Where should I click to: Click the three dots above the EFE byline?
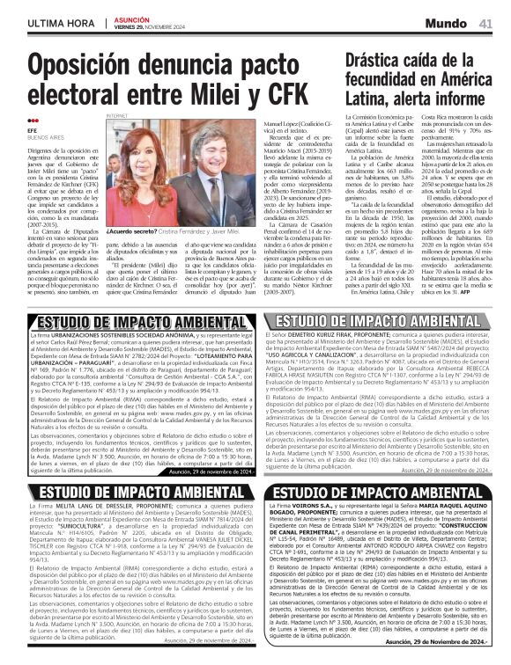33,122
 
